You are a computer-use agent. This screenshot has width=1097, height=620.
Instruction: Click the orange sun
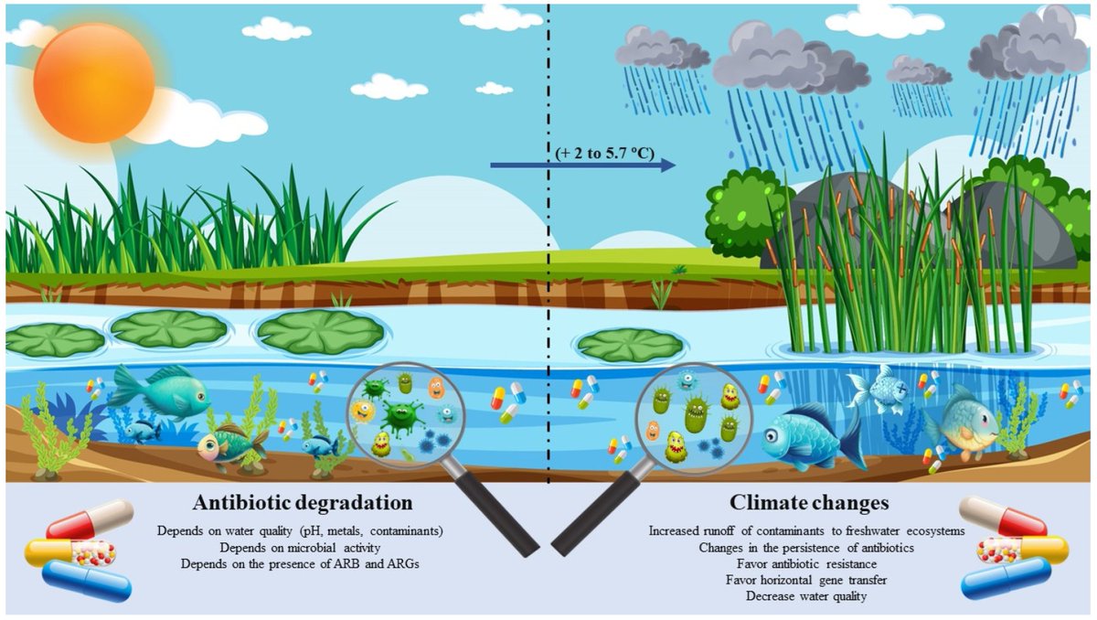click(x=93, y=82)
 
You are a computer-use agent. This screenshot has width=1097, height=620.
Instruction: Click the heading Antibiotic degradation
click(x=304, y=503)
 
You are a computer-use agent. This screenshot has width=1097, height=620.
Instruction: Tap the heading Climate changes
click(x=807, y=503)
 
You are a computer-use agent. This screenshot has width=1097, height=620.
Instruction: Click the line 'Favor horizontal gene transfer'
click(x=807, y=580)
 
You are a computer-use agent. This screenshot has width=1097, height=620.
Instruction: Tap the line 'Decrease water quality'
click(x=807, y=595)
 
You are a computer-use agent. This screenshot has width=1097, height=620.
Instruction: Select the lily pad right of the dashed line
click(x=631, y=344)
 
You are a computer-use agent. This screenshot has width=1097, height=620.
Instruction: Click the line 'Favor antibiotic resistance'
click(x=807, y=563)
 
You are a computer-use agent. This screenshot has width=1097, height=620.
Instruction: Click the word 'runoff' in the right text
click(x=727, y=530)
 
